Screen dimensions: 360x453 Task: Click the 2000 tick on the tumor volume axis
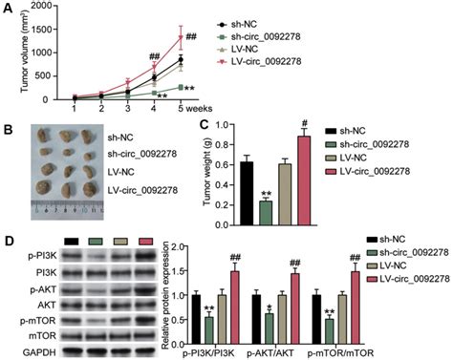[x=44, y=8]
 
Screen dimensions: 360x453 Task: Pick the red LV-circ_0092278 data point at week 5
[x=179, y=38]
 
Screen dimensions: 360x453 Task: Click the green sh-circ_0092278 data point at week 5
[x=179, y=87]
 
